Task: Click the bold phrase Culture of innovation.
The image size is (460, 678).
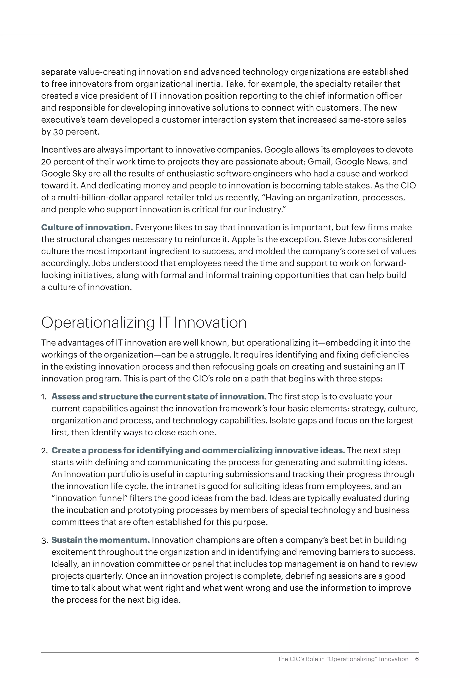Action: [87, 227]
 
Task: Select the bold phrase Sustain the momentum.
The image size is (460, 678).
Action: [100, 540]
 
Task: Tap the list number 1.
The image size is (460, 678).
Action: [44, 397]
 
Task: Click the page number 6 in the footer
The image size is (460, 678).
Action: [417, 659]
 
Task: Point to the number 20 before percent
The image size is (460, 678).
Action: [46, 162]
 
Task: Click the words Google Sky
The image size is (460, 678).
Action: [64, 174]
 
